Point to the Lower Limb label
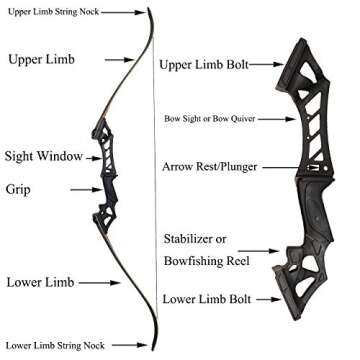click(37, 282)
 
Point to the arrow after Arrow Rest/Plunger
click(277, 167)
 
